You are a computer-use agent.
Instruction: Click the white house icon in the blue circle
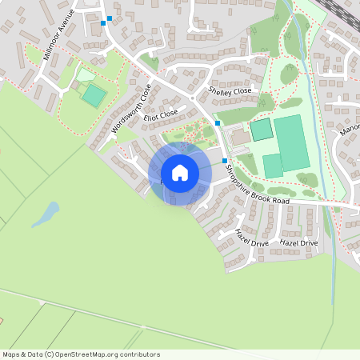(x=180, y=173)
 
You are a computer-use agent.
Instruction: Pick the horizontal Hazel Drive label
(x=298, y=242)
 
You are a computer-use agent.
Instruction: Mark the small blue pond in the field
(x=49, y=213)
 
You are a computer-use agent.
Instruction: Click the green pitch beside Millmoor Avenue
(x=94, y=96)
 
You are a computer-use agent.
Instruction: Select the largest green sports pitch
(x=291, y=143)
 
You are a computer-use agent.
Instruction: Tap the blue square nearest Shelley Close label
(x=217, y=123)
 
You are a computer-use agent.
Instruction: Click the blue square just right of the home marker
(x=224, y=161)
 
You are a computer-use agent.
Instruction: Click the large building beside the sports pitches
(x=241, y=138)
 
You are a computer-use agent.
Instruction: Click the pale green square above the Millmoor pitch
(x=84, y=74)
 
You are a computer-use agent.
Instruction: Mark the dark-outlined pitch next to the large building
(x=261, y=129)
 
